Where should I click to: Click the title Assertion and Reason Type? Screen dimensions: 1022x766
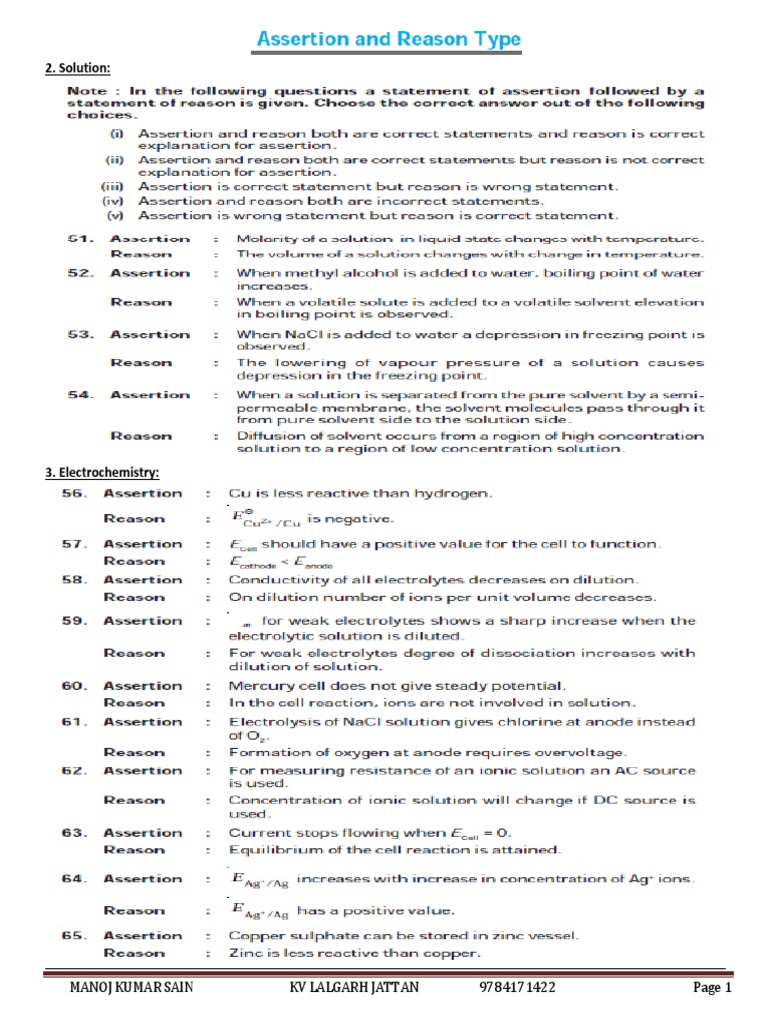[388, 39]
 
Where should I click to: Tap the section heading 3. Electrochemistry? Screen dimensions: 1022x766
[101, 472]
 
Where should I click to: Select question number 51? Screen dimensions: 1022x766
[81, 238]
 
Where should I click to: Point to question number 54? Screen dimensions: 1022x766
[81, 395]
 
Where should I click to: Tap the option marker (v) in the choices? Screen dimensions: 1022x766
[115, 215]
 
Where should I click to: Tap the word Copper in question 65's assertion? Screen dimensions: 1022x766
[254, 935]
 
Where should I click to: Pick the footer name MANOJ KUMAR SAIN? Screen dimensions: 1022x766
[130, 988]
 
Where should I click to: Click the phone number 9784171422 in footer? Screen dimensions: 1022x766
[517, 988]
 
